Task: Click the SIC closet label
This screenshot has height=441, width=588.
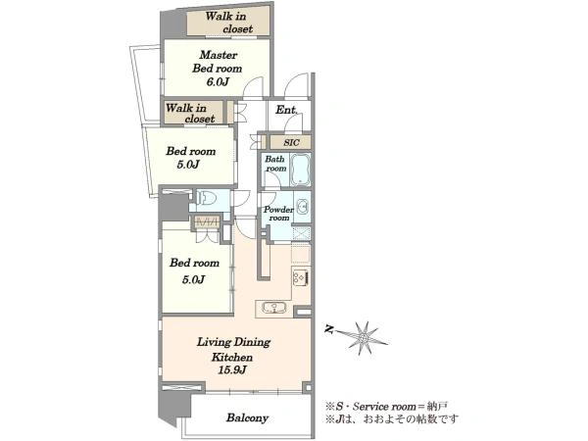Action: (291, 142)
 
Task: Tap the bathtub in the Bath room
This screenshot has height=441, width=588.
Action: (300, 170)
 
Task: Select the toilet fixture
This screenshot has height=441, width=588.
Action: (206, 197)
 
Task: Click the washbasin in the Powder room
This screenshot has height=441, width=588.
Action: (302, 207)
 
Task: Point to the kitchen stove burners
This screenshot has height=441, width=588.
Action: (301, 277)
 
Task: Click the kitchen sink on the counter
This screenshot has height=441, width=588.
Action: (274, 308)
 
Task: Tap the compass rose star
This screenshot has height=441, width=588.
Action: (363, 338)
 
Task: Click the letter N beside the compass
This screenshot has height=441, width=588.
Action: (329, 329)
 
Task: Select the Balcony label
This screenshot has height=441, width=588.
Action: (247, 417)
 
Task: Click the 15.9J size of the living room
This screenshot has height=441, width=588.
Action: (232, 370)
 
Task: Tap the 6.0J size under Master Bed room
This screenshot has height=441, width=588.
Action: (218, 81)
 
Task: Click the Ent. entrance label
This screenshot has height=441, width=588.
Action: (287, 110)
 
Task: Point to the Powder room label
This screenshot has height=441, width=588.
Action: (278, 214)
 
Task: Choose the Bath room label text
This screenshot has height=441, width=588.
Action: (275, 164)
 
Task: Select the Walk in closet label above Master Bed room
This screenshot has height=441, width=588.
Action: (229, 23)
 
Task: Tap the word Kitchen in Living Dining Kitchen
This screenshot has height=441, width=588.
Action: (232, 357)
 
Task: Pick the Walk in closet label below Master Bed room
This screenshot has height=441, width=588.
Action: (190, 114)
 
